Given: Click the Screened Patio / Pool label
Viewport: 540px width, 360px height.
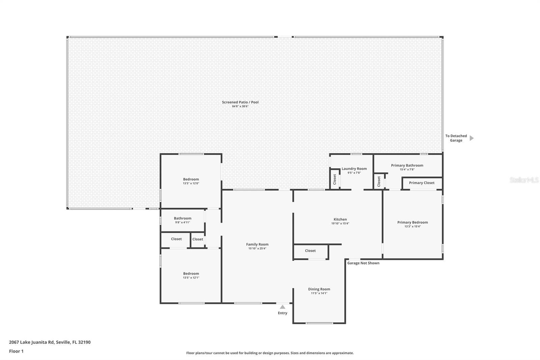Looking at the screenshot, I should [x=240, y=102].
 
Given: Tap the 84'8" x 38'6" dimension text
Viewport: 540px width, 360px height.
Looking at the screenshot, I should [x=240, y=106].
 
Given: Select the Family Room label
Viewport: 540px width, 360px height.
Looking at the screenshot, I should [x=257, y=244].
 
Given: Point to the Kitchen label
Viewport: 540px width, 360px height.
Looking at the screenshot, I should [x=340, y=219].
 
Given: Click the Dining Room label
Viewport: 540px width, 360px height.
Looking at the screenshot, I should [x=319, y=289].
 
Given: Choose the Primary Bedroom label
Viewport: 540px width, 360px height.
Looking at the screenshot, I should [x=412, y=222].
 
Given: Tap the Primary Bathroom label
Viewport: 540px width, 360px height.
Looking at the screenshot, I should [x=407, y=165].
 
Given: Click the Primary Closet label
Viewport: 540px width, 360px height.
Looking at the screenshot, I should [x=422, y=183].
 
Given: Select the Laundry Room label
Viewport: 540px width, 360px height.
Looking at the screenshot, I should [x=354, y=169].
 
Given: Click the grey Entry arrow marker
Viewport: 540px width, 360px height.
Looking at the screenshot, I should [x=282, y=307].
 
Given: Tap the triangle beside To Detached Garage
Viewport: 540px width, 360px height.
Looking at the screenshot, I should [x=471, y=138].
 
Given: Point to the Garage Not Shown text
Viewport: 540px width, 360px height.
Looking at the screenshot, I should [x=363, y=263].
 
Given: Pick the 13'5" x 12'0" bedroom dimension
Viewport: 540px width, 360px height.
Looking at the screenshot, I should [x=191, y=183].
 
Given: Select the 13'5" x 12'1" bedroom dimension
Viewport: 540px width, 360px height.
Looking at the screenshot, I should [x=191, y=278].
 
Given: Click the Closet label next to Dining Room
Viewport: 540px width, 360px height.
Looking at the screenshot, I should [x=310, y=251].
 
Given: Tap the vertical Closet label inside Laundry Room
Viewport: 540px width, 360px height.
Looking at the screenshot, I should [x=335, y=179].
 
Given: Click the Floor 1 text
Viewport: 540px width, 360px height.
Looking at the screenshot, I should [x=16, y=351].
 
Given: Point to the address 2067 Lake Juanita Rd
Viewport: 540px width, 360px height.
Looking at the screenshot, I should [x=50, y=342].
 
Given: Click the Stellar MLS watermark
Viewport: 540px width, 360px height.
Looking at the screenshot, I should [x=524, y=180].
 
